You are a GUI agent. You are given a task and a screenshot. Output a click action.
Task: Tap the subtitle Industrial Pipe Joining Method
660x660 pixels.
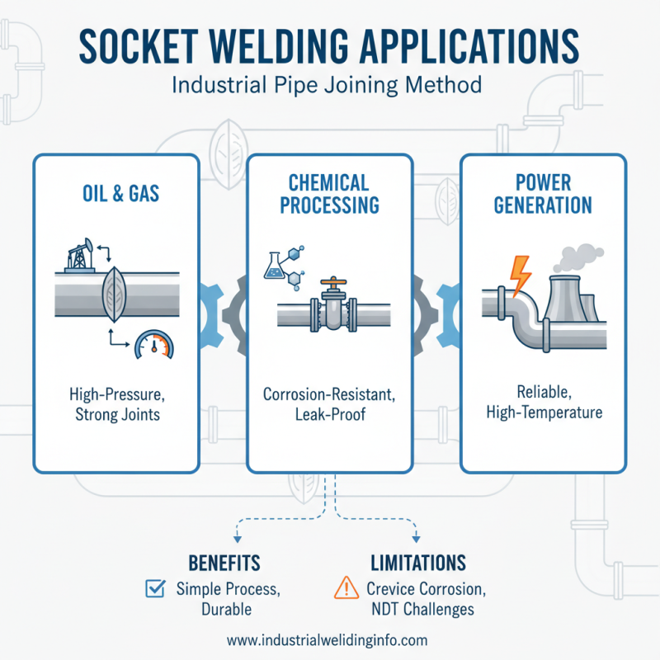click(x=329, y=85)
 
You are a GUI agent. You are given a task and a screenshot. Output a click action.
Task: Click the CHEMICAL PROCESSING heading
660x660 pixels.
click(x=329, y=193)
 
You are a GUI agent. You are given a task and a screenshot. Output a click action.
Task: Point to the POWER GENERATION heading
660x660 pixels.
click(x=544, y=193)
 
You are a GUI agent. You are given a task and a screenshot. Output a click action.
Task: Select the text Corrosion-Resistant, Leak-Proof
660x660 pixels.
click(x=329, y=404)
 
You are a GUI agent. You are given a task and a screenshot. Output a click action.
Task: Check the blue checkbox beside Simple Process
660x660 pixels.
click(x=153, y=589)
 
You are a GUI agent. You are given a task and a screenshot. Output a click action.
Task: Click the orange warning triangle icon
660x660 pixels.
click(x=343, y=588)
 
